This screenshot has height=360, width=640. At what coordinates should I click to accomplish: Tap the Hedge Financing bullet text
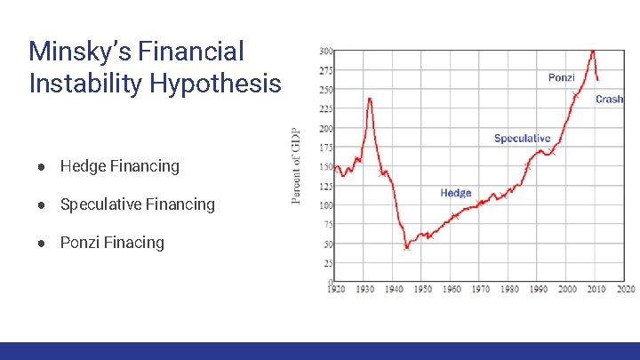coord(119,166)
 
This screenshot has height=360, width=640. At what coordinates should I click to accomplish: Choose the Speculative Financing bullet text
coord(137,204)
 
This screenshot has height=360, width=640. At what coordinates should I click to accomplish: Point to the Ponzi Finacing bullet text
coord(112,243)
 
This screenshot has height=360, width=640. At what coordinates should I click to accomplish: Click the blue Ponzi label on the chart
coord(561,78)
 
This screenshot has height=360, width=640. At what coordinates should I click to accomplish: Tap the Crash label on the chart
coord(609,100)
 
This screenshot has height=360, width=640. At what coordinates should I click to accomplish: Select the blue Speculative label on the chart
coord(522,139)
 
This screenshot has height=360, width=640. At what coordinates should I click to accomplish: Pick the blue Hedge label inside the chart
coord(456,193)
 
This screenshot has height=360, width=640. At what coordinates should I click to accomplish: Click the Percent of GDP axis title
coord(296,166)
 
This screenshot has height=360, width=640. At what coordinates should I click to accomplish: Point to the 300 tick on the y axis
coord(326,50)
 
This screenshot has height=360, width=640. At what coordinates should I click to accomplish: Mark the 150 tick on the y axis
coord(326,166)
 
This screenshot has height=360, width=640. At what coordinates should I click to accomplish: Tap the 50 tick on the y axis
coord(328,244)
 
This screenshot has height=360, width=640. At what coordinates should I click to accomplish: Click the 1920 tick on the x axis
coord(336,290)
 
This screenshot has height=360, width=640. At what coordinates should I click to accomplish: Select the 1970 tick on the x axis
coord(481,290)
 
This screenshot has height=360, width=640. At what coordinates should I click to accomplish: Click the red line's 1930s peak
coord(369,99)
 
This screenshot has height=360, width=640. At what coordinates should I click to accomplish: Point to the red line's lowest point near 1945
coord(406,248)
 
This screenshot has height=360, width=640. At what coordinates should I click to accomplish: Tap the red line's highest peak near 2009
coord(593,51)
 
